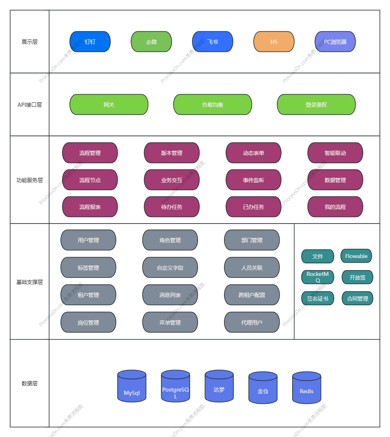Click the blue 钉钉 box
pos(90,42)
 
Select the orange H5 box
pos(274,42)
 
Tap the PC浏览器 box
pos(335,42)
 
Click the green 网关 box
pos(109,105)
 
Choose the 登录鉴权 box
pos(316,105)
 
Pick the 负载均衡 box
pos(213,105)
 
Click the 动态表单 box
pos(253,153)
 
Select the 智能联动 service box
pos(335,153)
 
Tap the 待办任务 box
pos(172,207)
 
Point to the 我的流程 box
pos(335,207)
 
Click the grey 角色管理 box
pos(170,240)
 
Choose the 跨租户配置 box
pos(252,295)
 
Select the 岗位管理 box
pos(88,323)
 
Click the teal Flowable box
pos(356,256)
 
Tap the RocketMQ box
pos(318,277)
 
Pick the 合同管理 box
pos(358,299)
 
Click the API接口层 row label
pos(30,105)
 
